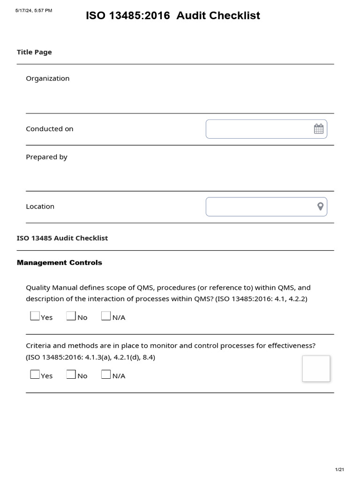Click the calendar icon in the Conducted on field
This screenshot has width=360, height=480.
(x=319, y=129)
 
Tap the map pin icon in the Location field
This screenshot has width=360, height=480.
(x=321, y=207)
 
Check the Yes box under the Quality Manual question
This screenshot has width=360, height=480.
(x=35, y=316)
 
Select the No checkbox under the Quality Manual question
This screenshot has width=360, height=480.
(x=71, y=316)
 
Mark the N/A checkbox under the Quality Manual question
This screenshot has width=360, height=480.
(x=106, y=316)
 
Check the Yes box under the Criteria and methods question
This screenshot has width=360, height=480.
(x=35, y=375)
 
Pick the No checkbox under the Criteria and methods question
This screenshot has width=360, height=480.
(x=71, y=375)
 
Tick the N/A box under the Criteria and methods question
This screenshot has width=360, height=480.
(x=106, y=375)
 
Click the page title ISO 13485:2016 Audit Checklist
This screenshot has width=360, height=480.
(x=172, y=16)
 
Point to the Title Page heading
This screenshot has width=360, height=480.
(x=34, y=52)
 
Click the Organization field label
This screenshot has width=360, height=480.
(x=47, y=78)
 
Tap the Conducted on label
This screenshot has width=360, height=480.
(x=49, y=129)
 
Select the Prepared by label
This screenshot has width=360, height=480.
(x=46, y=157)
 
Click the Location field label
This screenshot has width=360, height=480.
(x=40, y=206)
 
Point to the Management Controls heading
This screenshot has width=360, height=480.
(x=59, y=262)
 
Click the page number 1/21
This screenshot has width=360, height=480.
(x=339, y=470)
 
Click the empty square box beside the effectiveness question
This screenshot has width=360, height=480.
(x=316, y=368)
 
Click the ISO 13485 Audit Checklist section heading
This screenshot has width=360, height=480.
(x=62, y=238)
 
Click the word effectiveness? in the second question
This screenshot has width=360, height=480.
(x=292, y=346)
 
